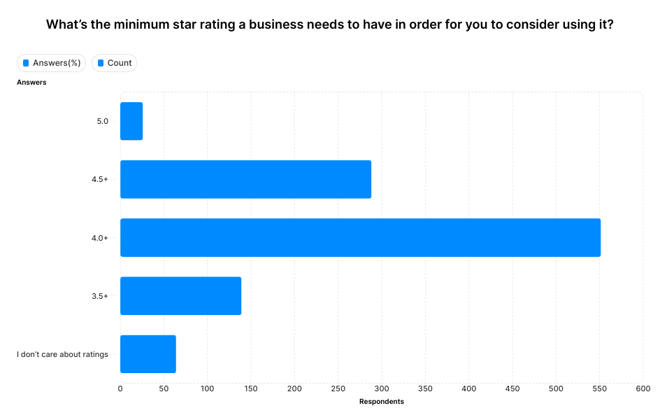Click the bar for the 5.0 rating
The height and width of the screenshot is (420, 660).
coord(131,121)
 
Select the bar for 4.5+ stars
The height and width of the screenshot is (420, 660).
coord(245,179)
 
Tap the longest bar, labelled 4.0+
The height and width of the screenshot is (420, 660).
coord(360,237)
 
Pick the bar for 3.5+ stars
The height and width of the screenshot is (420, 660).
coord(180,296)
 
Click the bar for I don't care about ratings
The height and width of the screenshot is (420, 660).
coord(148,354)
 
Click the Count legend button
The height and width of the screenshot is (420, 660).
coord(114,63)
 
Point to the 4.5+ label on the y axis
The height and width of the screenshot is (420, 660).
coord(100,179)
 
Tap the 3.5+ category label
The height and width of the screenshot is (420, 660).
coord(100,296)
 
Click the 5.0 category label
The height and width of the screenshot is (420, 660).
coord(102,121)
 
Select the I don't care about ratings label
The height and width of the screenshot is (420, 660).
coord(62,354)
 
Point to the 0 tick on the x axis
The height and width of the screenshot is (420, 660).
coord(120,388)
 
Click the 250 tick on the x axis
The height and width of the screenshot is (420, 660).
coord(338,388)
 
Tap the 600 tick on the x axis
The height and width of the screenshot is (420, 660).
coord(643,388)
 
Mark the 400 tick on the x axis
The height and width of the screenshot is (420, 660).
coord(468,388)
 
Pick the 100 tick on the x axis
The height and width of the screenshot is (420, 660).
coord(207,388)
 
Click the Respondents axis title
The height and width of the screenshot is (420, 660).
coord(381,402)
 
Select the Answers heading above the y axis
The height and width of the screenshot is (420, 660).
coord(31,83)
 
